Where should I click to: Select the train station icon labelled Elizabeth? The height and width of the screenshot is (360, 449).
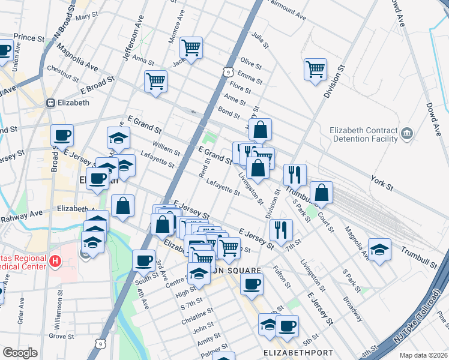pos(50,103)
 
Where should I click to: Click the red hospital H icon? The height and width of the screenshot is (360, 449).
pos(55,260)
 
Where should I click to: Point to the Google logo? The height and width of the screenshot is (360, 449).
pos(20,353)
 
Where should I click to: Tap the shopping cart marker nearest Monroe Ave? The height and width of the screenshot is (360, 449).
pos(191,47)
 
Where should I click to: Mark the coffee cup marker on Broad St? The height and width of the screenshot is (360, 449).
pos(62,136)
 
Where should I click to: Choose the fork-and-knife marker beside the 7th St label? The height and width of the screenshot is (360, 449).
pos(280,229)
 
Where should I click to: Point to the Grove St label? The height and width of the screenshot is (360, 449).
pos(61,336)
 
